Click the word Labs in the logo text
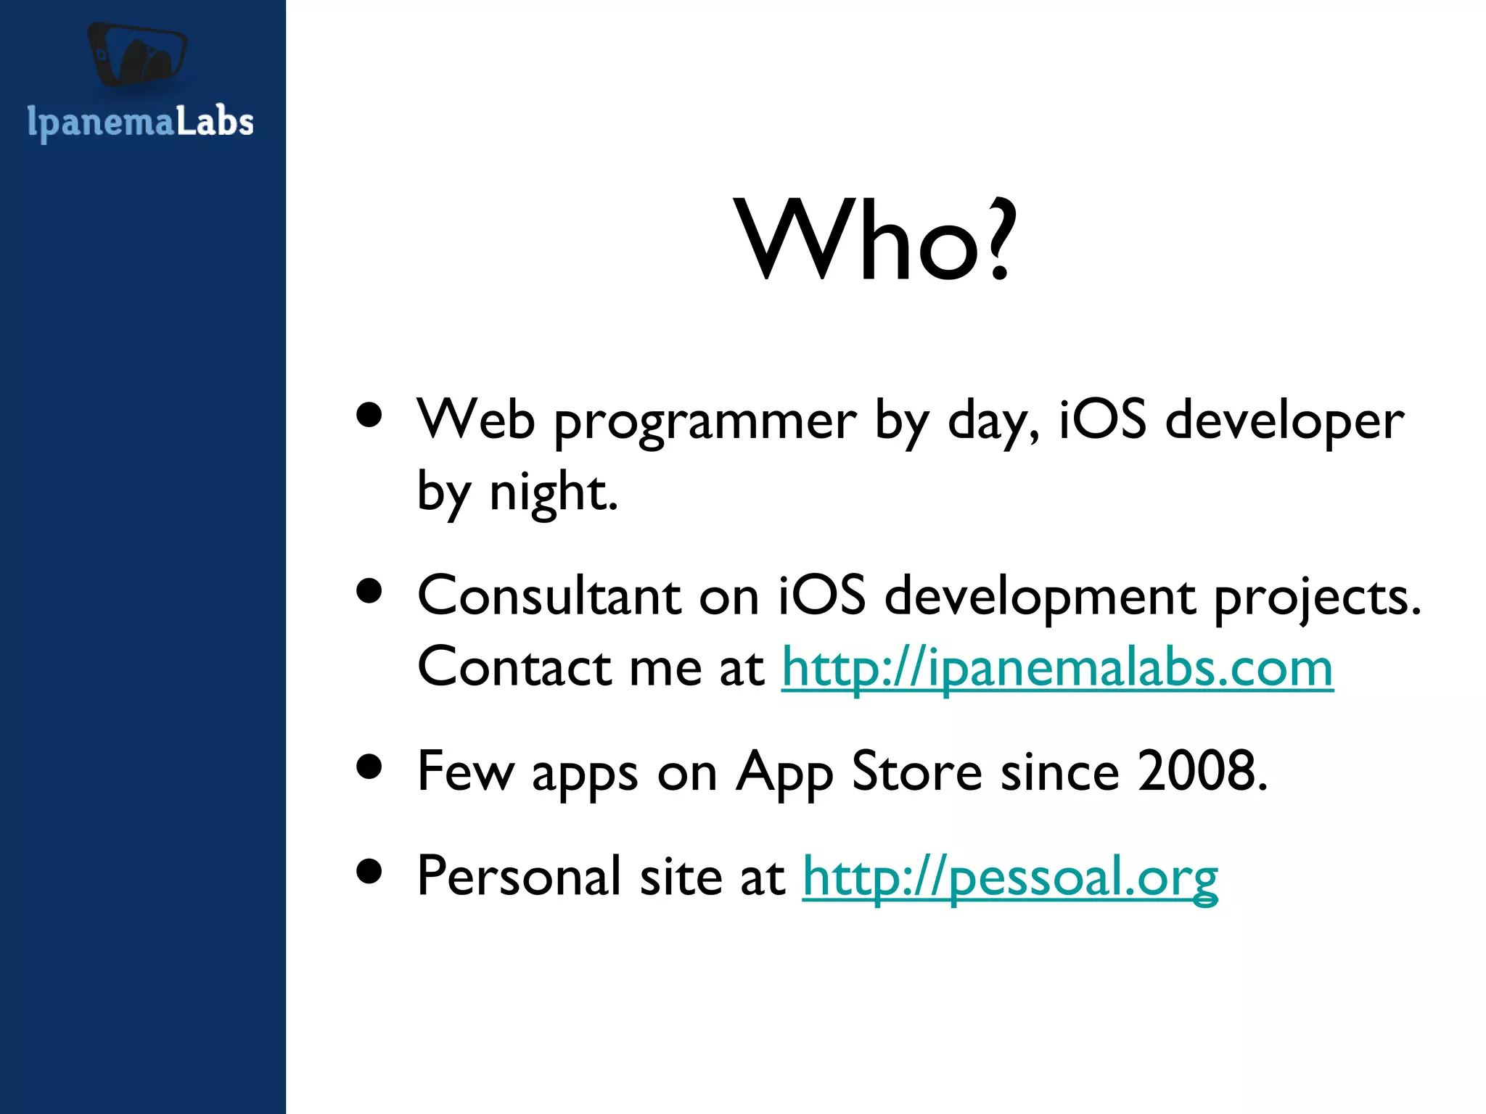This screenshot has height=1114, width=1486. tap(215, 120)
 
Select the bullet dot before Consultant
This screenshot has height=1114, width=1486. tap(369, 591)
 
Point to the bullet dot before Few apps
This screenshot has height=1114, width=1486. tap(369, 767)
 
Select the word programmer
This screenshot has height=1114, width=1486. tap(705, 422)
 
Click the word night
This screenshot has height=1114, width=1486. tap(553, 493)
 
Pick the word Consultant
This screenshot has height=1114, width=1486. tap(549, 596)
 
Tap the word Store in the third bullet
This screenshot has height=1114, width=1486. tap(916, 771)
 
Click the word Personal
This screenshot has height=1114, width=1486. tap(519, 876)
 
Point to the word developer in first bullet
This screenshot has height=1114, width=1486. tap(1284, 422)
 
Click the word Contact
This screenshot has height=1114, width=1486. tap(514, 667)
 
